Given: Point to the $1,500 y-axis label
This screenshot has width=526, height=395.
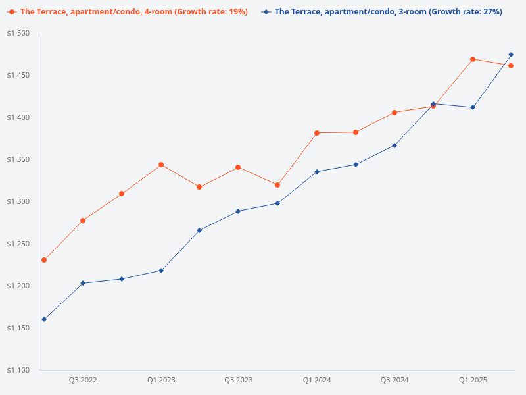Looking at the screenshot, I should pos(18,33).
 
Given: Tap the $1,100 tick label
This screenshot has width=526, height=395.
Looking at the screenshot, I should pos(18,370).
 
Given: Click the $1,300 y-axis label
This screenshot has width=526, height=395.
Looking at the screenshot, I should pos(18,201).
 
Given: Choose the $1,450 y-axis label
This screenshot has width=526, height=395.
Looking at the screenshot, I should pos(18,75).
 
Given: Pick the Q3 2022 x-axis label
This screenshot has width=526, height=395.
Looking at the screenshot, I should pos(83,380).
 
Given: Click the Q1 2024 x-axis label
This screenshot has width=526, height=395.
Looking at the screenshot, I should pos(317,380).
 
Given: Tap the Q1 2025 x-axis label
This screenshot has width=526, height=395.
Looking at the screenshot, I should pos(473,380).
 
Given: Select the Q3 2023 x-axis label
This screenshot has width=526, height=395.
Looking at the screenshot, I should pos(238,380).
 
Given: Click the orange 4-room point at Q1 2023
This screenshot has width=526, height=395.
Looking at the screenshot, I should pos(161,165).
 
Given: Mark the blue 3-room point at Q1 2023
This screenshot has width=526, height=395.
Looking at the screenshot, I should pos(161,271).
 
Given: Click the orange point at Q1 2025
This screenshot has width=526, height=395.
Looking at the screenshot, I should pos(473,59).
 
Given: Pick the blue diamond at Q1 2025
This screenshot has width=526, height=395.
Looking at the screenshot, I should pos(473,107).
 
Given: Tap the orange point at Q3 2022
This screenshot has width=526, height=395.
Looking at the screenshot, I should pos(83,221).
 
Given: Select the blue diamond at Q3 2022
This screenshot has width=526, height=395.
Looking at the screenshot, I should pos(83,283).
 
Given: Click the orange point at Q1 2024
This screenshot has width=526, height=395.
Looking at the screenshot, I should pos(317,133).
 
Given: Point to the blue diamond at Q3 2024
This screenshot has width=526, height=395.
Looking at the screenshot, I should pos(394,145).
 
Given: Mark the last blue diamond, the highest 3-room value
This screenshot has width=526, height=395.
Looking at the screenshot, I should pos(511,55).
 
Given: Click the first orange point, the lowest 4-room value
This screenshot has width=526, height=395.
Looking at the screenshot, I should pos(44,260).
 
